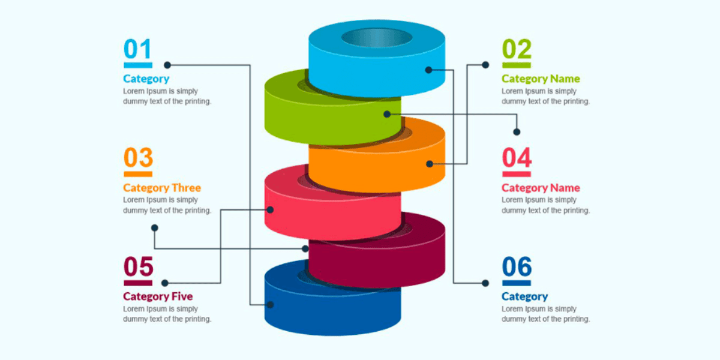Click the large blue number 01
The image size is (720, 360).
[137, 49]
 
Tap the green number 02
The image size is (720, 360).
[517, 49]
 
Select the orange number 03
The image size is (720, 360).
[138, 158]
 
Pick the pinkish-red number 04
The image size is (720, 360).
[517, 158]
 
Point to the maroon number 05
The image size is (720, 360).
[138, 267]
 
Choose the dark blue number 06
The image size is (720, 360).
[517, 267]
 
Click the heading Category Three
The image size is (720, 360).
[162, 188]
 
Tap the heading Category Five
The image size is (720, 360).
[158, 296]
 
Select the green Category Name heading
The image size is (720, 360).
[541, 79]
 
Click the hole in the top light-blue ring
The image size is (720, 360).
[377, 37]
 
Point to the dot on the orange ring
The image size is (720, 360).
[429, 163]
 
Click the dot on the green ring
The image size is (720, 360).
[387, 113]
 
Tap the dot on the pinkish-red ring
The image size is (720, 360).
[270, 209]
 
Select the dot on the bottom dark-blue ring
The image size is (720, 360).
[270, 305]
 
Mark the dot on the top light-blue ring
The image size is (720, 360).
[428, 70]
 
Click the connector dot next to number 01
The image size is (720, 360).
[167, 65]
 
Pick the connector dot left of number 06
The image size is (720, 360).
[485, 283]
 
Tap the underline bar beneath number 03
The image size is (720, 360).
[138, 174]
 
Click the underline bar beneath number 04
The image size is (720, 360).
[517, 174]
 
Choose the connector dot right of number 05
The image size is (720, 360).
[165, 283]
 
